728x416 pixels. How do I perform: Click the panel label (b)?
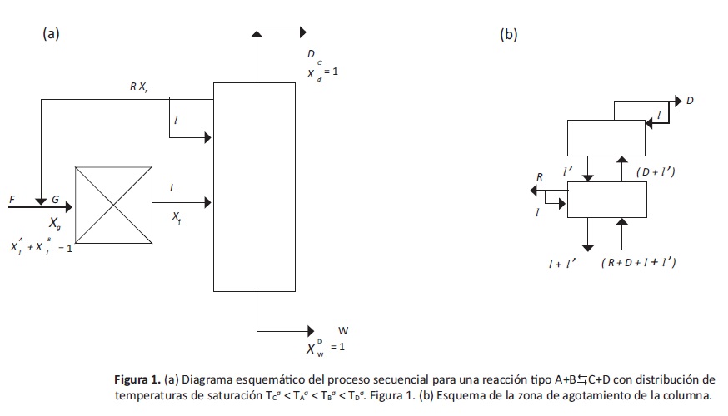pyautogui.click(x=508, y=34)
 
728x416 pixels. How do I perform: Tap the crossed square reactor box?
pyautogui.click(x=113, y=204)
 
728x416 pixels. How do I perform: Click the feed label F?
pyautogui.click(x=12, y=200)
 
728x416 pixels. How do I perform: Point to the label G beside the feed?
pyautogui.click(x=55, y=200)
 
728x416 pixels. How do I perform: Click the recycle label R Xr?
pyautogui.click(x=139, y=87)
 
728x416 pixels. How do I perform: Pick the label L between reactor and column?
pyautogui.click(x=172, y=189)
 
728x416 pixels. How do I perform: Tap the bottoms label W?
pyautogui.click(x=343, y=329)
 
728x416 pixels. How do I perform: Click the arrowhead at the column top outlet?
pyautogui.click(x=302, y=33)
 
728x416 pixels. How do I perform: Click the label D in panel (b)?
pyautogui.click(x=690, y=101)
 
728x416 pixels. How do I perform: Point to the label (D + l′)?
pyautogui.click(x=654, y=172)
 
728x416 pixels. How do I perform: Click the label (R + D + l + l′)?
pyautogui.click(x=638, y=263)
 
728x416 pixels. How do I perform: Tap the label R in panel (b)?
pyautogui.click(x=540, y=177)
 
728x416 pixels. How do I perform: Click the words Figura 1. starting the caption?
pyautogui.click(x=137, y=380)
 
